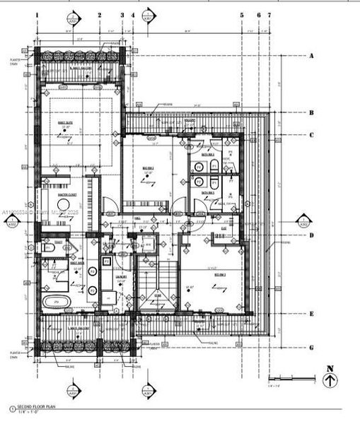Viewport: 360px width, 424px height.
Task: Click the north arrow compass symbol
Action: point(330,381)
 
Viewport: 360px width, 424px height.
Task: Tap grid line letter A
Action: point(310,55)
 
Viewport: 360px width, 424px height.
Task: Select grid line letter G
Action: point(310,347)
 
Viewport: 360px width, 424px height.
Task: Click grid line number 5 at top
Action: point(242,14)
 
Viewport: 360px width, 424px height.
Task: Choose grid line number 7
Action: point(269,14)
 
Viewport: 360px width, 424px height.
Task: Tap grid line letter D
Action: point(310,235)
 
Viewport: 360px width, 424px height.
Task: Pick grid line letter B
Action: point(310,112)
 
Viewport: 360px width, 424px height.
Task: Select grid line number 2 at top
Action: point(100,14)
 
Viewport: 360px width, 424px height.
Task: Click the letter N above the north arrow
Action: point(330,367)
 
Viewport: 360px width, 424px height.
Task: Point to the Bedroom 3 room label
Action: point(220,273)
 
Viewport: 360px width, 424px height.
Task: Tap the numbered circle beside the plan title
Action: point(11,409)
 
